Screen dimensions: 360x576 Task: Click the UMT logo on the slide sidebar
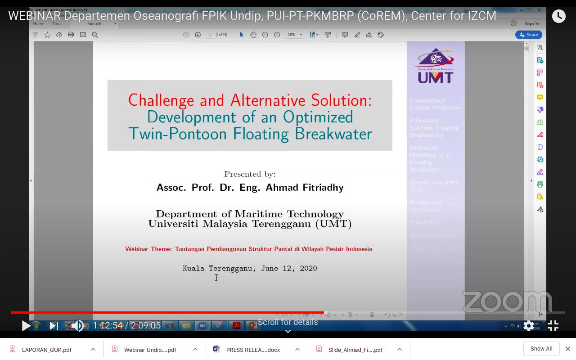435,66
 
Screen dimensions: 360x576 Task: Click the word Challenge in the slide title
161,100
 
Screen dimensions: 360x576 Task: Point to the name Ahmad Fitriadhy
304,188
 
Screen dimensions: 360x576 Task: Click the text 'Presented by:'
250,174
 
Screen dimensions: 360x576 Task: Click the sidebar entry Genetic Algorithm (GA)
434,185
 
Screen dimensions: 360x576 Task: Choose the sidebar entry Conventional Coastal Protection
434,104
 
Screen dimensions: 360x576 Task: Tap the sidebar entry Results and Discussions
425,206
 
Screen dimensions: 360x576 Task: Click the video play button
26,325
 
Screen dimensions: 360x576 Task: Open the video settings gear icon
529,325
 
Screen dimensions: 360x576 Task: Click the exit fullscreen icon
553,325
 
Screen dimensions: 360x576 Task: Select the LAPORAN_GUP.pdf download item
47,350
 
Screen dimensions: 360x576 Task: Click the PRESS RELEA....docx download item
253,350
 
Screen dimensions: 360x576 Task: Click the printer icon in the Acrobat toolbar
71,35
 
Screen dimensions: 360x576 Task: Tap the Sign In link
531,23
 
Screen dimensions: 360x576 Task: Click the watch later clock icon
558,16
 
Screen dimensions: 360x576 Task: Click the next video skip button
54,325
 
